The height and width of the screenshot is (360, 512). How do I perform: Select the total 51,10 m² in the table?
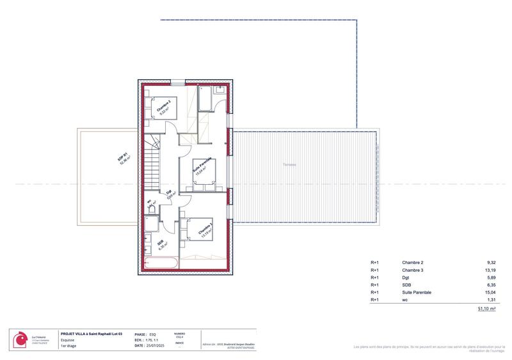tap(487, 308)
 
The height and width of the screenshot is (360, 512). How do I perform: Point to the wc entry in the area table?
tap(404, 299)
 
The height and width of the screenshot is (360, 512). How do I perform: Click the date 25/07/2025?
tap(155, 345)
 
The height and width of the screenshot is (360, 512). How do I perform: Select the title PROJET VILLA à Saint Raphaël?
tap(91, 333)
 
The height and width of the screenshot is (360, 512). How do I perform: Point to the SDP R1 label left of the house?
tap(124, 159)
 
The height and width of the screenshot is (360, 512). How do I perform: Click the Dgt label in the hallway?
tap(170, 192)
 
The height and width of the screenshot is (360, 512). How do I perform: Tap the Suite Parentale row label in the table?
tap(416, 292)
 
